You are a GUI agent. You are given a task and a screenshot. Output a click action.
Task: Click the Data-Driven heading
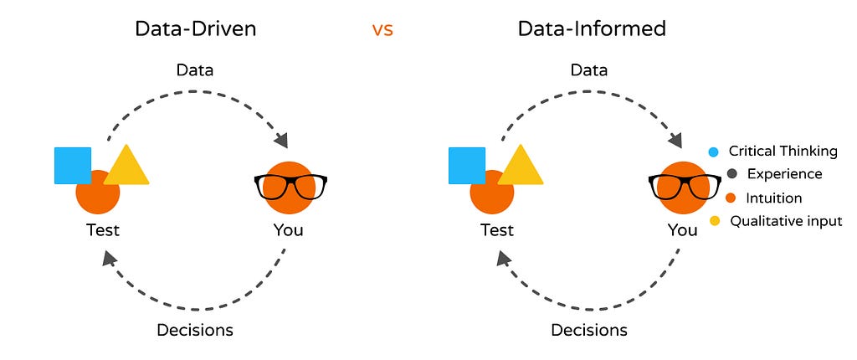coord(195,28)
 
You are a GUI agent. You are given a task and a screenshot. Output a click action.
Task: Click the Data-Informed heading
coord(592,28)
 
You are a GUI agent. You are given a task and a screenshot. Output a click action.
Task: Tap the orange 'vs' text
coord(382,30)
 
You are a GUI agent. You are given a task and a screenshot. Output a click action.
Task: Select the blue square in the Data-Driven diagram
coord(73,166)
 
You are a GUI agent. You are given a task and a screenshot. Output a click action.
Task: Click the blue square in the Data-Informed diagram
coord(467,166)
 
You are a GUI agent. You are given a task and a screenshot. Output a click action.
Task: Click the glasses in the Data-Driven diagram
coord(290,186)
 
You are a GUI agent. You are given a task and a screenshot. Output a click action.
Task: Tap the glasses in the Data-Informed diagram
coord(685,186)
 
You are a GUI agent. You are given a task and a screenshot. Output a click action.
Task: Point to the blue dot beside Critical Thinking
coord(713,152)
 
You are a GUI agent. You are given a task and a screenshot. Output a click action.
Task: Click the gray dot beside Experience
coord(732,174)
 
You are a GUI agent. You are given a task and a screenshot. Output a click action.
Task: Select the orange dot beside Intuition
coord(731,198)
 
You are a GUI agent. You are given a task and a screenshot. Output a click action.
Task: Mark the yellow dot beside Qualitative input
coord(714,222)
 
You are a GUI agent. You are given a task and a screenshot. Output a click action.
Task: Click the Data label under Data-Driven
coord(194,70)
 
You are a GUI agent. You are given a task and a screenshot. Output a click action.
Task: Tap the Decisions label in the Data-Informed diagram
coord(589,330)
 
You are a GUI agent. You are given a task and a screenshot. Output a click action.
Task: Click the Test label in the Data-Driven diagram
coord(102,229)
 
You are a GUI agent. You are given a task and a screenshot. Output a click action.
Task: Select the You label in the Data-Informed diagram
coord(683,229)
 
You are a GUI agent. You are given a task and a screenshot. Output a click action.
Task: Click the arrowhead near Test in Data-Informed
coord(503,259)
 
